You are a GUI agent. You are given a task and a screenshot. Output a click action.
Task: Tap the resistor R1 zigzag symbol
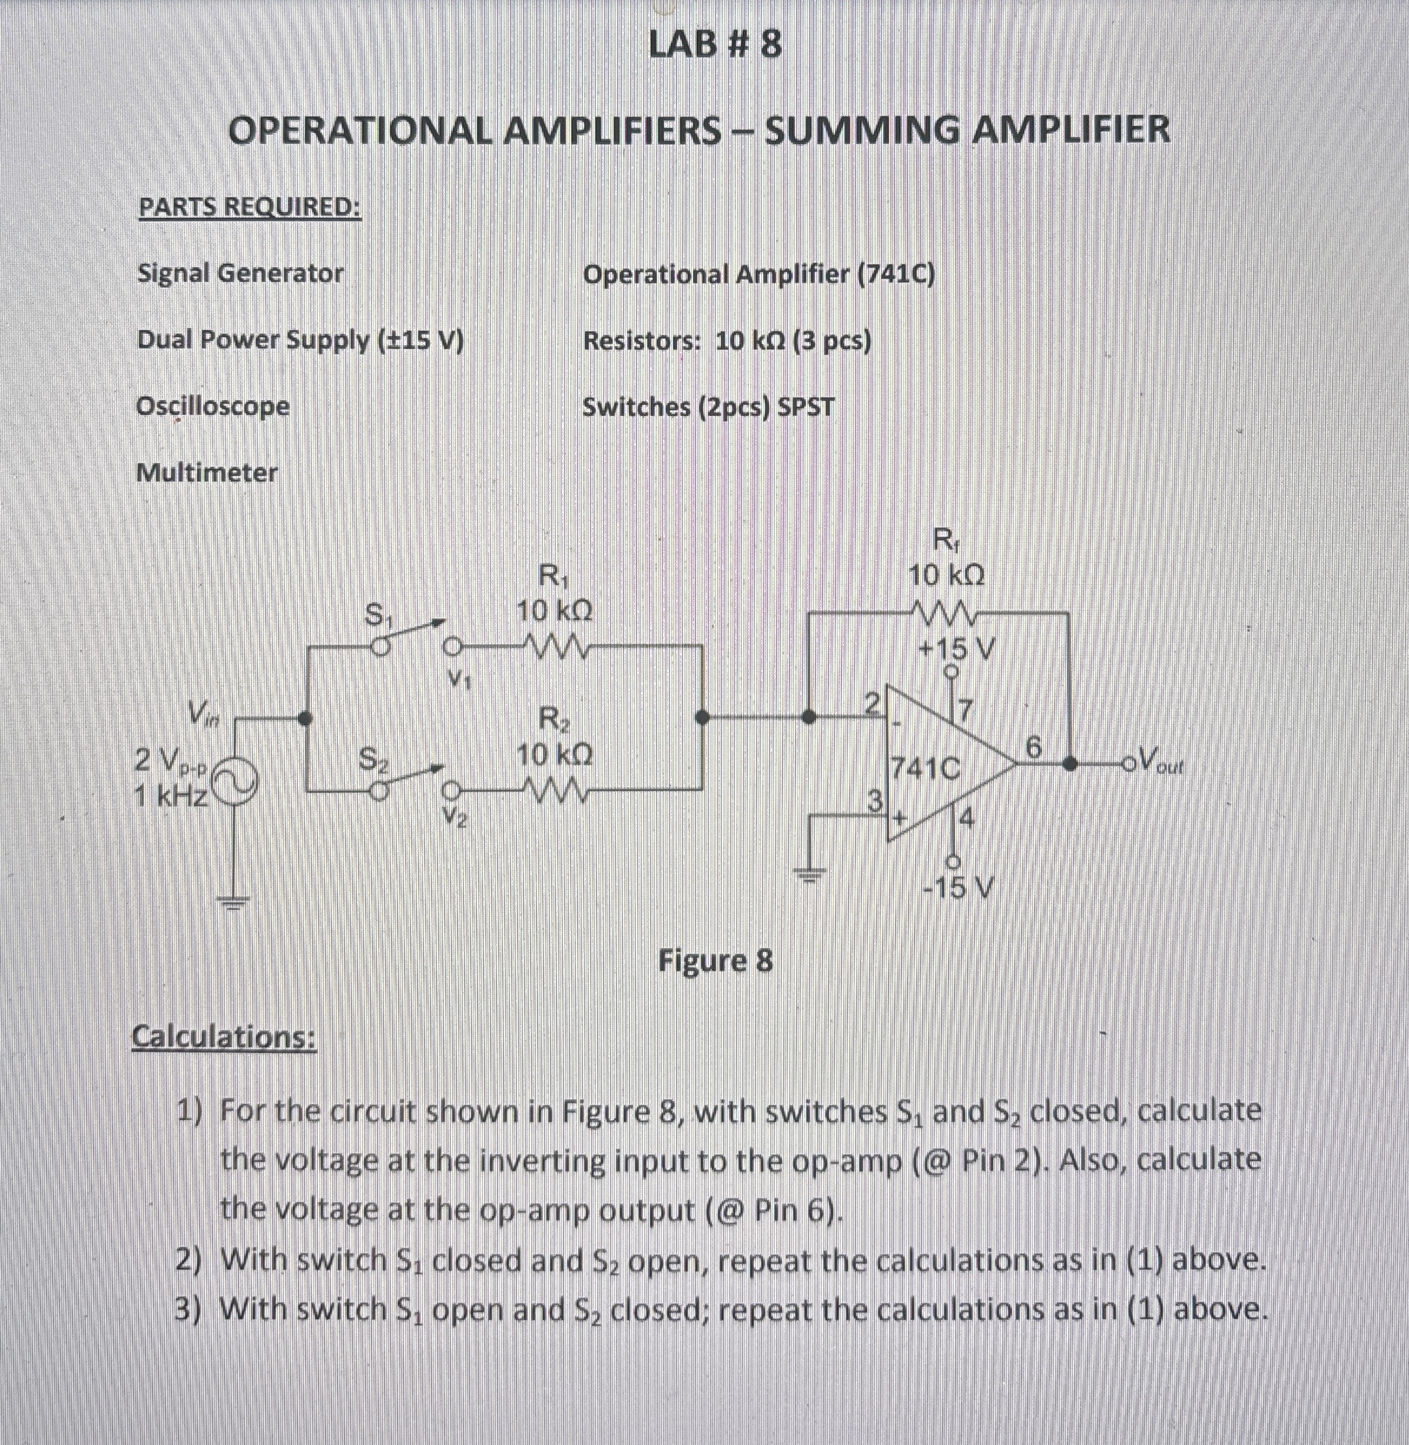[x=555, y=648]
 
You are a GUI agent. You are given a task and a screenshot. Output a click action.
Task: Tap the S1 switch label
[x=377, y=615]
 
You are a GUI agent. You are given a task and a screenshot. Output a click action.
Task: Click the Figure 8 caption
[x=715, y=961]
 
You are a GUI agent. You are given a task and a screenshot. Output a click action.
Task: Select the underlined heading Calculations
[x=224, y=1037]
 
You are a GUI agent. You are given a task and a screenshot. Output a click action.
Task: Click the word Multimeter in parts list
[x=207, y=472]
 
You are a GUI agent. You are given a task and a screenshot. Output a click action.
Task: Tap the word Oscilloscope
[x=213, y=406]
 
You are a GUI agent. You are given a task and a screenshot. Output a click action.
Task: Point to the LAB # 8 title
[x=714, y=46]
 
